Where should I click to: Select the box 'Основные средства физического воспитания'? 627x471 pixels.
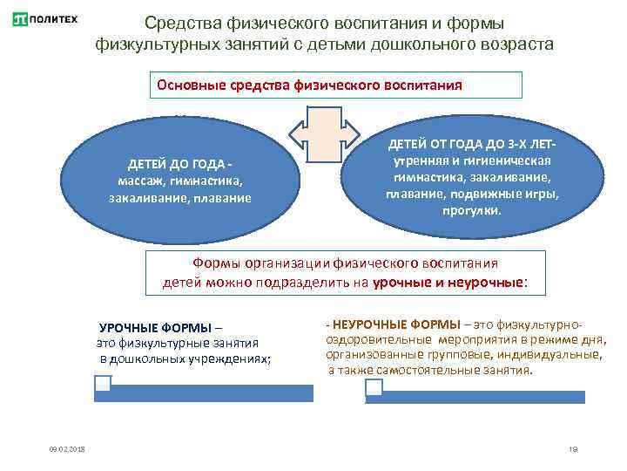point(335,85)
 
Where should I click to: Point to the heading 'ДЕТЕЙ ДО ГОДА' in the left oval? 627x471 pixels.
point(179,164)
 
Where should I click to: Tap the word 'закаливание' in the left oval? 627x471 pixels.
point(144,198)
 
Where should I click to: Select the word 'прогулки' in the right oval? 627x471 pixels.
point(471,210)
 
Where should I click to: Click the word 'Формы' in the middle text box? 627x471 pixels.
point(217,263)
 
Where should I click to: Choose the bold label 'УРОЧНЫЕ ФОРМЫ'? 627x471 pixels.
point(154,328)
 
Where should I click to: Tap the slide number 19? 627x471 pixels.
point(572,449)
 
